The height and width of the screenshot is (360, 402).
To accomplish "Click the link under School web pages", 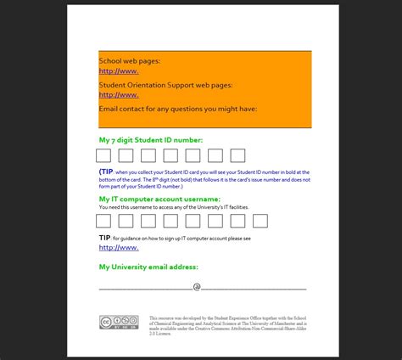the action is [x=119, y=71].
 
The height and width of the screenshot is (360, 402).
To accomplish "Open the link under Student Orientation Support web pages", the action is [x=119, y=95].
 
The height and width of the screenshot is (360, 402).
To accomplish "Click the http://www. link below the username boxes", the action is [x=119, y=248].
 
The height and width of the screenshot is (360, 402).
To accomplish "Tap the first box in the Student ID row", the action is [x=103, y=155].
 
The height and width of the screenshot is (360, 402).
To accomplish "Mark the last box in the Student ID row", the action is [x=237, y=155].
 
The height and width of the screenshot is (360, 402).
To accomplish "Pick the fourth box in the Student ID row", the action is [x=170, y=155].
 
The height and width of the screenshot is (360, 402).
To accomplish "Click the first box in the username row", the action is [x=103, y=221].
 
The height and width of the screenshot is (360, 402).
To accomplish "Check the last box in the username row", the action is [x=260, y=221].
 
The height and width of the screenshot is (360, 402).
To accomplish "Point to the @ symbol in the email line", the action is [x=196, y=287].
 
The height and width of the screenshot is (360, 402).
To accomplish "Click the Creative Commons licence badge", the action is [x=118, y=322].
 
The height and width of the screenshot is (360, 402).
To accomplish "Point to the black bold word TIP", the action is [x=104, y=239].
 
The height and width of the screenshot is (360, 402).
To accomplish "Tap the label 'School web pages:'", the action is [x=129, y=61].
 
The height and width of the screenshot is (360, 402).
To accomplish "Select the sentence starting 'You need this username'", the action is [x=173, y=207].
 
